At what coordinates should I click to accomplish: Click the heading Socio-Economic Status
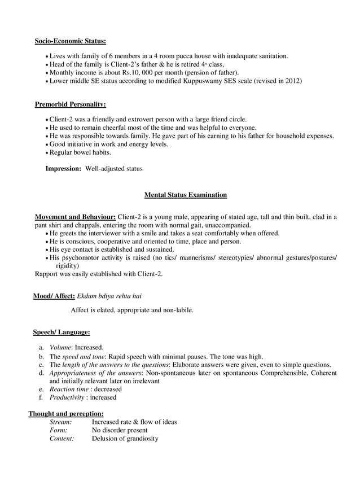pos(70,41)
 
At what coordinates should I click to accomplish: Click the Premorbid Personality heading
pos(70,104)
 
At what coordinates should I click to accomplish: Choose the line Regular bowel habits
pos(80,152)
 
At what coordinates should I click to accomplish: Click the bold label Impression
pos(63,169)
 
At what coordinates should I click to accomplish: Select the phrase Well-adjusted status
pos(114,169)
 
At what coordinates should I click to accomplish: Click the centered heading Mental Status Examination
pos(185,195)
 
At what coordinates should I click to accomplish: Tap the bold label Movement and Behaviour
pos(76,217)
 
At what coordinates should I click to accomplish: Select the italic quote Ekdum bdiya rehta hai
pos(109,296)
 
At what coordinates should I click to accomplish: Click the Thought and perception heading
pos(66,413)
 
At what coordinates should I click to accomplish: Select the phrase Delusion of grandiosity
pos(125,439)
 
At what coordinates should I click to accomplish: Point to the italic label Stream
pos(60,422)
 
